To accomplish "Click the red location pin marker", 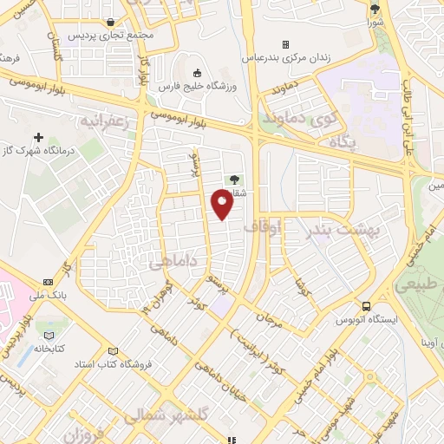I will (223, 205).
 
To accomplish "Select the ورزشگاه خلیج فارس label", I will (197, 88).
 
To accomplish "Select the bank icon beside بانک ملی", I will (47, 282).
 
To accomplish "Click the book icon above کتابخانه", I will (49, 335).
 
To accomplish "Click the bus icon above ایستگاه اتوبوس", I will (368, 306).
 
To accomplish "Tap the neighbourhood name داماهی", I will (173, 261).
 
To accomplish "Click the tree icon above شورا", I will (375, 9).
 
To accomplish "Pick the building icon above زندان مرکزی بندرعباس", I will (284, 44).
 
